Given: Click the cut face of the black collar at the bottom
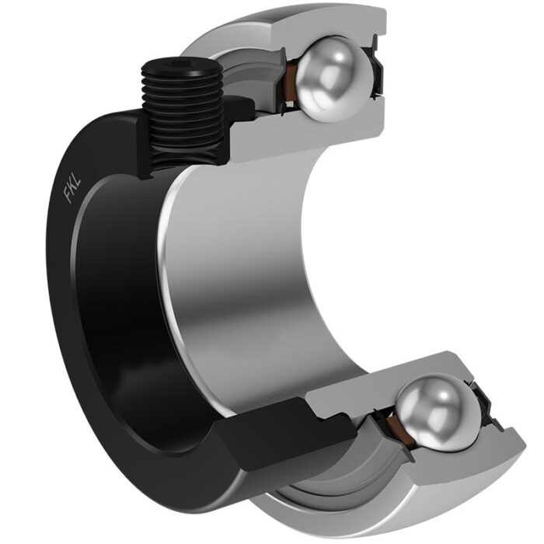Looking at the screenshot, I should pos(264,435).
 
